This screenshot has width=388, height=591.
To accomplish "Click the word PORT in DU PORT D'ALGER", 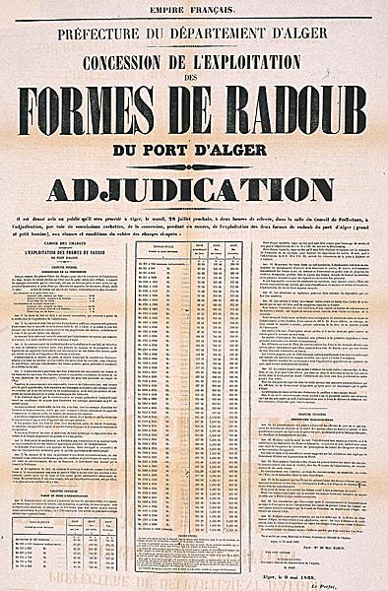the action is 186,153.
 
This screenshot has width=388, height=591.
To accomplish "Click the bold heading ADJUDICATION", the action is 194,187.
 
